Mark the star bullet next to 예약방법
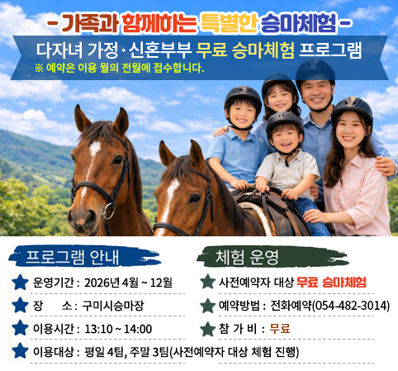(x=207, y=306)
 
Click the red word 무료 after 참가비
(x=281, y=329)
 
